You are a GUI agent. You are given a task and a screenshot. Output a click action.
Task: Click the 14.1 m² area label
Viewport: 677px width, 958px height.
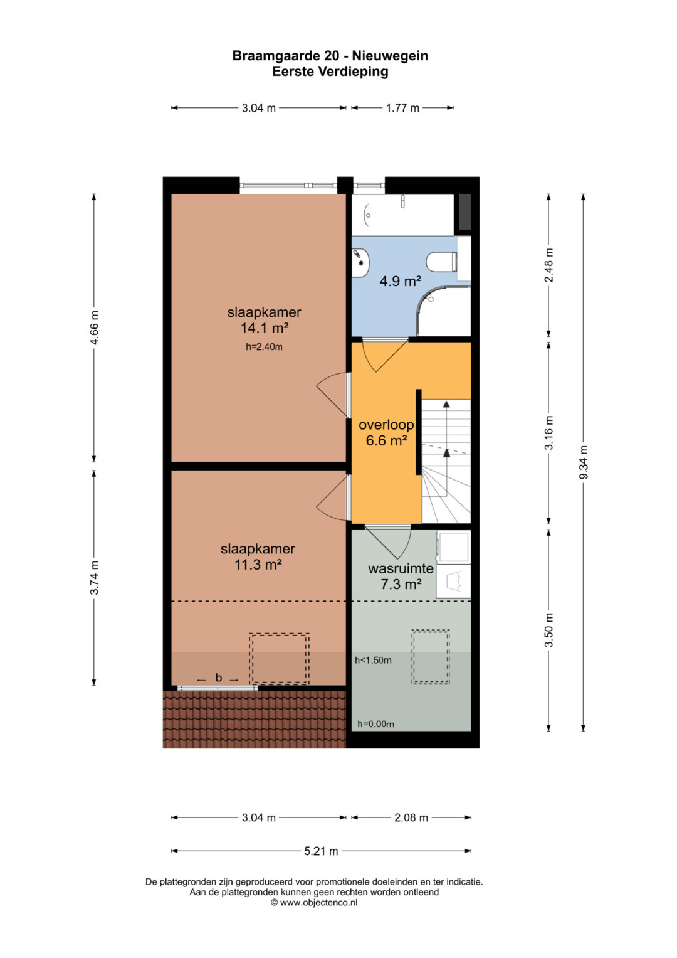pos(264,328)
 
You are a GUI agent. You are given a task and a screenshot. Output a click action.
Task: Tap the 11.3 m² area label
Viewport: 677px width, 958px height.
pos(258,565)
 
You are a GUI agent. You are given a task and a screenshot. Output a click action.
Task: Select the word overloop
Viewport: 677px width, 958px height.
pos(386,425)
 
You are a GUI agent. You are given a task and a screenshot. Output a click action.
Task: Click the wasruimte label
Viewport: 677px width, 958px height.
pos(401,568)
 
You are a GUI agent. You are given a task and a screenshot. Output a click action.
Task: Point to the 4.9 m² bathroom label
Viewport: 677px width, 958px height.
pos(401,281)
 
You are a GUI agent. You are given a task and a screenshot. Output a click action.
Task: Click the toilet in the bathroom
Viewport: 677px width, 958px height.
pos(442,262)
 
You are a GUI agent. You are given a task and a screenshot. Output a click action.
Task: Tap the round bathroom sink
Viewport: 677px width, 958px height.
pos(360,262)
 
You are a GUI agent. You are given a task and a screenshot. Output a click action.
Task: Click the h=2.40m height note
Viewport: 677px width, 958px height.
pos(264,347)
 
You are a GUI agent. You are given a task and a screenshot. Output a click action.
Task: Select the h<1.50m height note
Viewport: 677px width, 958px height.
pos(373,661)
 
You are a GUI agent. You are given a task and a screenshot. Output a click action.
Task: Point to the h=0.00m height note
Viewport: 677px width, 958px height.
pos(375,724)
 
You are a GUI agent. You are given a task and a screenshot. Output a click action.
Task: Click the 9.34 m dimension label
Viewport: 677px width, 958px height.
pos(584,462)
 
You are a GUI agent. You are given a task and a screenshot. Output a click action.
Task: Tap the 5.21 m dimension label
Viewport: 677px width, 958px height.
pos(321,851)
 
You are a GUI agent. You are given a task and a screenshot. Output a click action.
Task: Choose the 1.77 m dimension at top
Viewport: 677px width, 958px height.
pos(402,108)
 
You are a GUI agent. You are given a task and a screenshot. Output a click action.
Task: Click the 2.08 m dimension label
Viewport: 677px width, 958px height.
pos(411,817)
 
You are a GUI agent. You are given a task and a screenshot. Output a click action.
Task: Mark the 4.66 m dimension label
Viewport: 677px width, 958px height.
pos(94,327)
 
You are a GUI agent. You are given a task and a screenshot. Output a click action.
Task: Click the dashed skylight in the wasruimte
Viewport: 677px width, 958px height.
pos(431,656)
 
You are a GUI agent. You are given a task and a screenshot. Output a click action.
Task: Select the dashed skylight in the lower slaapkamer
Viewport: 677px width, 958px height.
pos(279,659)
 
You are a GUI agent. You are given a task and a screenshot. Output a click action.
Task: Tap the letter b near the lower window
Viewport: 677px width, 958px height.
pos(219,678)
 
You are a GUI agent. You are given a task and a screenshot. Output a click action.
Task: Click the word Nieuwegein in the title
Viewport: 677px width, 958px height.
pos(390,56)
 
